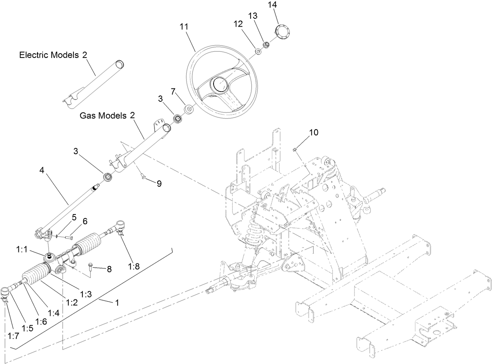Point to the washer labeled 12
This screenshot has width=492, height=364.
[258, 51]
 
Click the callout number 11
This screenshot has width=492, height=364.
[184, 27]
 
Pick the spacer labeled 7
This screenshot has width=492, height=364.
[188, 109]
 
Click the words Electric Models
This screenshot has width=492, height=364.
[50, 55]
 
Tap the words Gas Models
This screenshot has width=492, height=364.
[103, 115]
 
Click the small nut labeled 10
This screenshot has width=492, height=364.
[296, 149]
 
